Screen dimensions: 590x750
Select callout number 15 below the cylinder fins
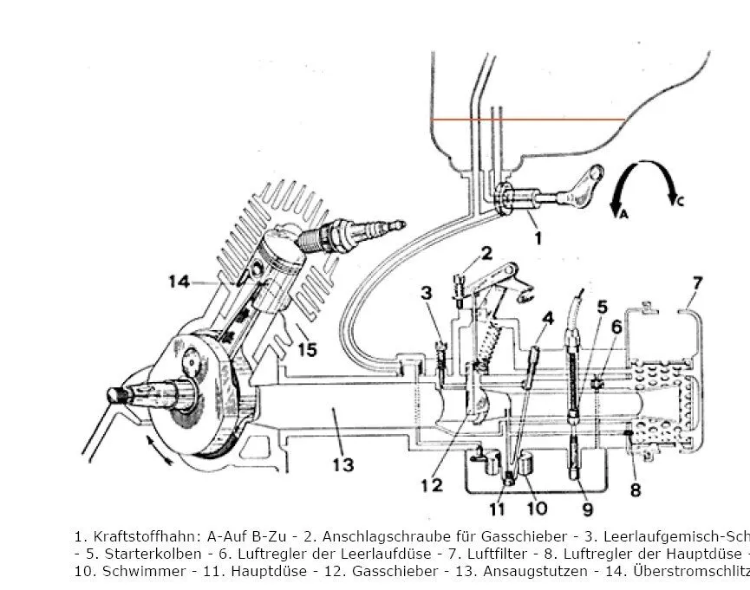(x=307, y=349)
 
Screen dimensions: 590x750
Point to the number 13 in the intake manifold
(x=343, y=465)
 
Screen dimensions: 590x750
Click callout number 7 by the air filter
(x=697, y=282)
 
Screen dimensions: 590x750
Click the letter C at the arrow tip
(x=680, y=201)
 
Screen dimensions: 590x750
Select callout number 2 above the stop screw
(x=486, y=253)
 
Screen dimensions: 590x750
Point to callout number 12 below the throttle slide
(x=431, y=485)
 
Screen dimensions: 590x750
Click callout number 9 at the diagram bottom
(x=587, y=510)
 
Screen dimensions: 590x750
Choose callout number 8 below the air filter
(x=636, y=490)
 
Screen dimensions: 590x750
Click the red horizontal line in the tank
(x=529, y=120)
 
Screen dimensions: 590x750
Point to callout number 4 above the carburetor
(x=547, y=318)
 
